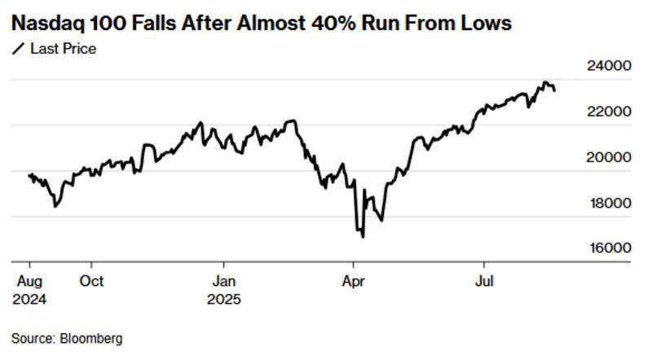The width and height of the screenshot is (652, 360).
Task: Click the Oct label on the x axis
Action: [x=92, y=281]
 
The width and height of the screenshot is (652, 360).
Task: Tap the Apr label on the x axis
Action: [x=353, y=281]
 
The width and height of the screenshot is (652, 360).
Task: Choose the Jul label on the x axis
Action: [x=484, y=281]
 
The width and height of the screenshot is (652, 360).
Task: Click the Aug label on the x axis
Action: [x=29, y=281]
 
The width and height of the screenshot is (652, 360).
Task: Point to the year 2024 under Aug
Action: [x=29, y=299]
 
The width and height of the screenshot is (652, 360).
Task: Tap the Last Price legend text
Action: [x=63, y=49]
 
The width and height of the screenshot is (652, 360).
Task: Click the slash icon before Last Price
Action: [x=18, y=49]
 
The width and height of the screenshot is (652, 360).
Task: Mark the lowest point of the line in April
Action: [x=362, y=237]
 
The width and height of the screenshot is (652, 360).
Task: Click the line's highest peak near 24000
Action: [x=544, y=82]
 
